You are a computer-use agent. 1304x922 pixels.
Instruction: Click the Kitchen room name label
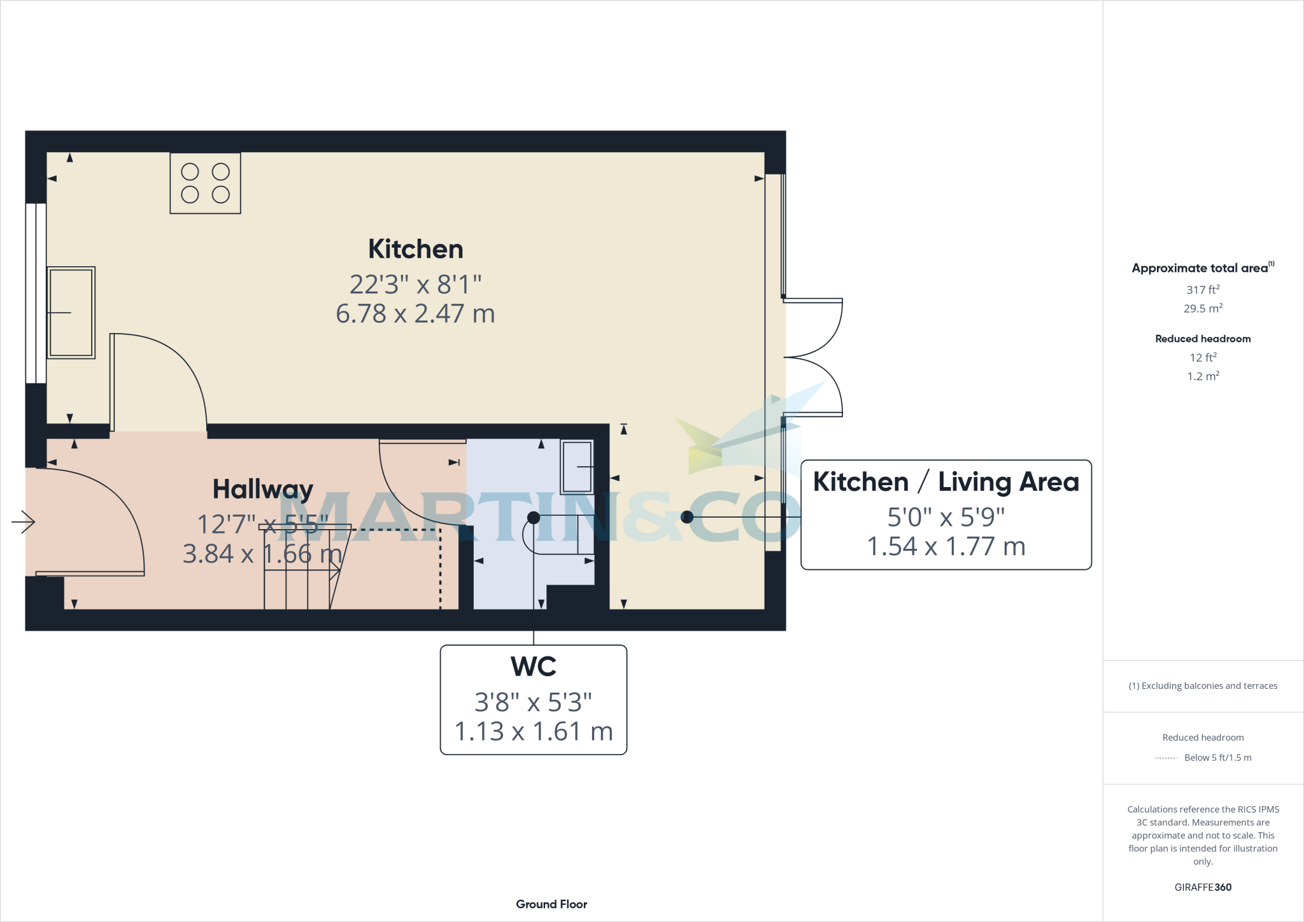point(415,249)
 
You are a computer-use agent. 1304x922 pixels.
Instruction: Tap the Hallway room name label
point(262,489)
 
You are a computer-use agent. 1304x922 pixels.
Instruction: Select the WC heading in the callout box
point(534,667)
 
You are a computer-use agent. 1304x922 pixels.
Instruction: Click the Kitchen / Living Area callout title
point(946,482)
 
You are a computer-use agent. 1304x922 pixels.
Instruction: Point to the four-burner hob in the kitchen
point(205,183)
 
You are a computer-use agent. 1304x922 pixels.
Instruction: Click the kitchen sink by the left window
point(71,313)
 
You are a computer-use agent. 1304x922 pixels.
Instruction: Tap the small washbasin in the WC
point(577,467)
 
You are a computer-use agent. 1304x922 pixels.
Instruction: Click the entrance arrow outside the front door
point(24,522)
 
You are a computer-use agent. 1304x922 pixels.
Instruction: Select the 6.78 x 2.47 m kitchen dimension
point(415,314)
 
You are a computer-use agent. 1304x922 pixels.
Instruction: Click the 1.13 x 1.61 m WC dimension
point(534,732)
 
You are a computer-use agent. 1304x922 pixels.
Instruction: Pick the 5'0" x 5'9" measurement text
point(946,517)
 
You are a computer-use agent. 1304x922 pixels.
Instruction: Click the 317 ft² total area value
point(1202,290)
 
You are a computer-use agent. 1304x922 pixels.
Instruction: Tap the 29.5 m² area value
point(1202,309)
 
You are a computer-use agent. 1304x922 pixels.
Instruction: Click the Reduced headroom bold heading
point(1202,339)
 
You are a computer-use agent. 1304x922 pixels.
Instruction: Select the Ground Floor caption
point(551,904)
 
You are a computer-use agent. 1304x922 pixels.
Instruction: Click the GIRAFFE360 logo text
point(1202,887)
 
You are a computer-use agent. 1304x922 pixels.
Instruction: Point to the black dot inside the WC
point(534,518)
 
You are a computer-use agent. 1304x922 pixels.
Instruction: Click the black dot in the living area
point(686,517)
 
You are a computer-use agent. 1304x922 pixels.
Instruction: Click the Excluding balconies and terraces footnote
point(1202,686)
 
